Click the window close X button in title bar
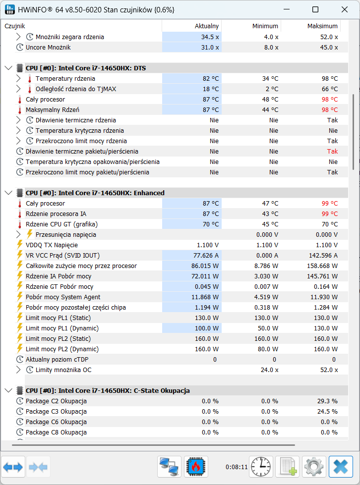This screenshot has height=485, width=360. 345,9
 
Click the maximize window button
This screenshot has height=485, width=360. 315,9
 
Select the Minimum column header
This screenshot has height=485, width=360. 265,26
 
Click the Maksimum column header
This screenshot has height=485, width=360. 322,26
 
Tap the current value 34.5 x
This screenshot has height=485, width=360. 210,37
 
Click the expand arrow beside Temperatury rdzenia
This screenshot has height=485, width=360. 18,79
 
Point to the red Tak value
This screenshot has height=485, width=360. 332,151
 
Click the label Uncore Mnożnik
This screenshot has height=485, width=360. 48,48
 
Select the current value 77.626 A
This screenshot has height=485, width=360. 206,256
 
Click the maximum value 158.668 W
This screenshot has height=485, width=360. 322,266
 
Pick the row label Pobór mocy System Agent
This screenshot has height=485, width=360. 63,297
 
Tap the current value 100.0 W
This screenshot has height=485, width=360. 207,328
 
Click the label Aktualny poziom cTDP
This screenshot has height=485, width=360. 57,360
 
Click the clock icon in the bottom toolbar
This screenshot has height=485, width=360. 261,467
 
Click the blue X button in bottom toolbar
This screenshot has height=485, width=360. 341,467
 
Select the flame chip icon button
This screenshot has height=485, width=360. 196,467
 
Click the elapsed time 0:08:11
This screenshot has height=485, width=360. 237,467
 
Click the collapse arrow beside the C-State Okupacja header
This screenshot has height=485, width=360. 8,391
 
